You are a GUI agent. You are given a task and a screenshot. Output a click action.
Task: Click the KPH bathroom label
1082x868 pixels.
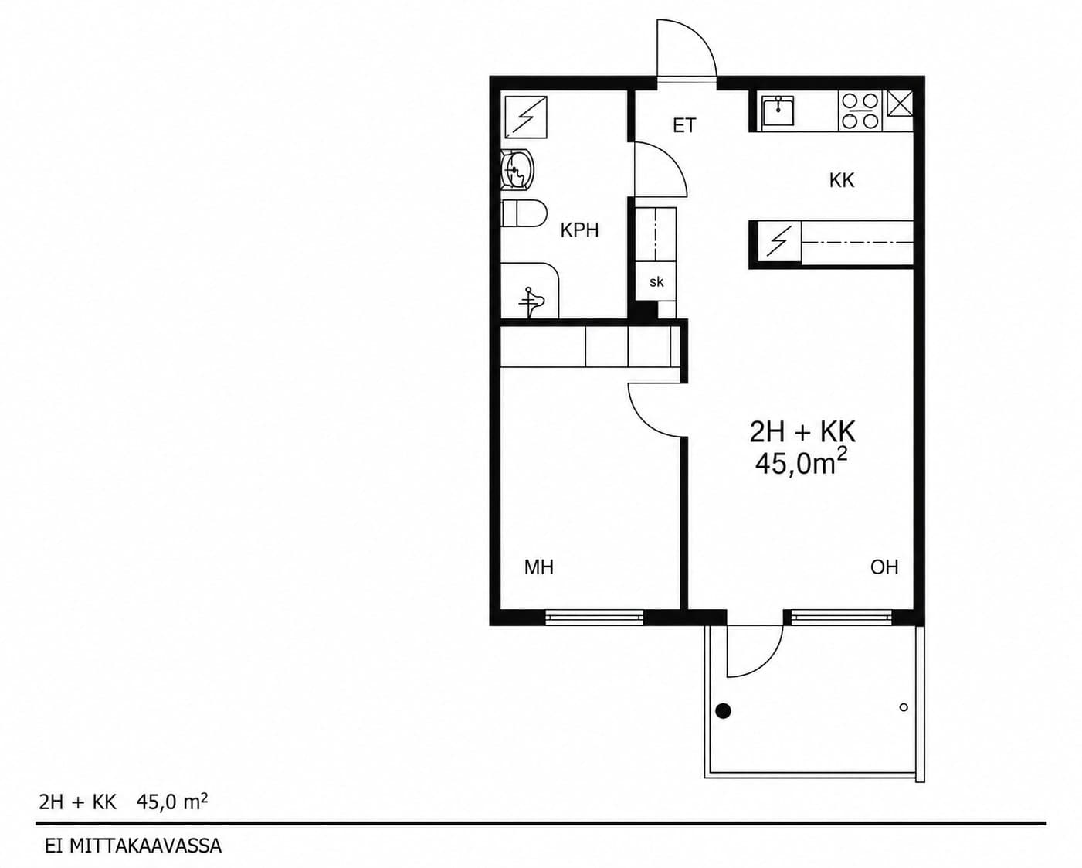pos(579,230)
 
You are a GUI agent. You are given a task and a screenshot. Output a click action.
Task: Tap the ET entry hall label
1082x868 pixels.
pos(684,125)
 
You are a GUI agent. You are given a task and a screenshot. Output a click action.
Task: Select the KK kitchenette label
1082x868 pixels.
pos(842,180)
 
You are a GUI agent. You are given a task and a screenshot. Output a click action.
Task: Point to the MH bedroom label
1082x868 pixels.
pos(539,567)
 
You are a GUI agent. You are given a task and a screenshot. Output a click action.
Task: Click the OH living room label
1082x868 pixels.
pos(884,567)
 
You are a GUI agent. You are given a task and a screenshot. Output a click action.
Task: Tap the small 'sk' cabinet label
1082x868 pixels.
pos(656,282)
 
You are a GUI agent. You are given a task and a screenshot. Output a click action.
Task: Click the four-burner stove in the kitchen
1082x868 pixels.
pos(860,111)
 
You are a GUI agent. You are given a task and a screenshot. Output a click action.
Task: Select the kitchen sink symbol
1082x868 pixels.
pos(777,111)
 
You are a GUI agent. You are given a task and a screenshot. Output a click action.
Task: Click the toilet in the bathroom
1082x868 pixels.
pos(524,213)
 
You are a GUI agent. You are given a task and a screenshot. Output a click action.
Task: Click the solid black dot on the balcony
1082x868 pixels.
pos(723,710)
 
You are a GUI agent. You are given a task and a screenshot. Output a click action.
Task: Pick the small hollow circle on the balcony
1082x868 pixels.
pos(904,707)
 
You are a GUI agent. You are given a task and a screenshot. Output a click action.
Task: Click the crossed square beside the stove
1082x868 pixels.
pos(899,104)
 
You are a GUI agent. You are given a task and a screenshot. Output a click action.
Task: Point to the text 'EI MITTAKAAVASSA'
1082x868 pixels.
pos(134,846)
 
